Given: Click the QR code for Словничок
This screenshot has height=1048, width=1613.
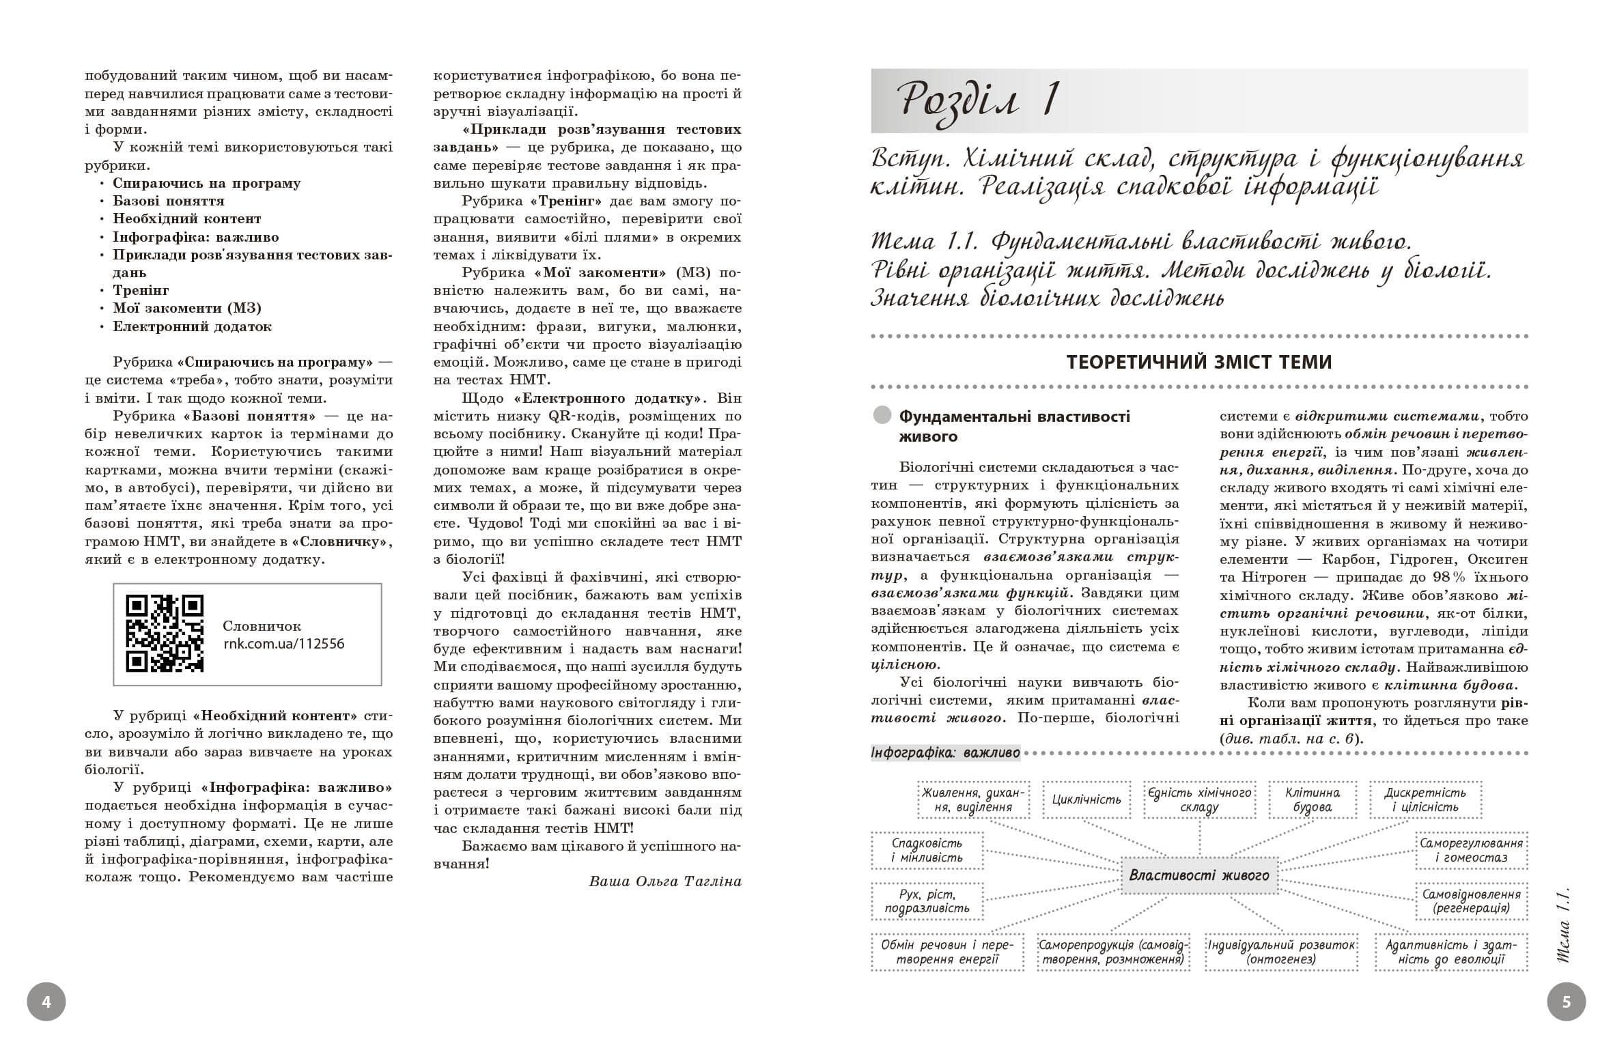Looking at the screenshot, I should pos(165,633).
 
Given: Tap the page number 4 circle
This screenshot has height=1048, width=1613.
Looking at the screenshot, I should pos(46,1002).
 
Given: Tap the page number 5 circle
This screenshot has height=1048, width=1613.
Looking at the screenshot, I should pos(1566,1002).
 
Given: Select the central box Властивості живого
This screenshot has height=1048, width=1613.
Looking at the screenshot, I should pos(1199,875).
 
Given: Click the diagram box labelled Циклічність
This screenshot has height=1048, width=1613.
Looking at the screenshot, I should pos(1086,799).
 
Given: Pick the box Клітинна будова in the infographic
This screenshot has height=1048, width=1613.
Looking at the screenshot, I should pos(1312,799).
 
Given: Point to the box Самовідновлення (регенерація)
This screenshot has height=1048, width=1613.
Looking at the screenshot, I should pos(1471,901).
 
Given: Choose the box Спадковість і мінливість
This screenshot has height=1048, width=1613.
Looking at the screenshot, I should pos(927,850).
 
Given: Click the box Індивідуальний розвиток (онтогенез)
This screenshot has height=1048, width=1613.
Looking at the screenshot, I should pos(1280,952).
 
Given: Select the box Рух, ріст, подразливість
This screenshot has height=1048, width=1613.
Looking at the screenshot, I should pos(927,901).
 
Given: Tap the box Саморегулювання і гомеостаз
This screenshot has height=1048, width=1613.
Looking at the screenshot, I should pos(1471,850).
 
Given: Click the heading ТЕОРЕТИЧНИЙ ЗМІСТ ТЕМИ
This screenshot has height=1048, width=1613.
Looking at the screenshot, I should pos(1199,362).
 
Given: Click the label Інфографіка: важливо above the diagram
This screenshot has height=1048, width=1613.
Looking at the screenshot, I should pos(945,753).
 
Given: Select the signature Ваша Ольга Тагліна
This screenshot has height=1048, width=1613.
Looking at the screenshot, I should pos(664,881).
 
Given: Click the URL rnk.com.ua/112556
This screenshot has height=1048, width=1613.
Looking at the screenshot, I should pos(283,644).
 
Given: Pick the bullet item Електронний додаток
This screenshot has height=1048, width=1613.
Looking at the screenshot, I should pos(192,326).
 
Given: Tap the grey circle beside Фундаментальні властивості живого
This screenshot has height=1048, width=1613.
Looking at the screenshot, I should pos(882,416).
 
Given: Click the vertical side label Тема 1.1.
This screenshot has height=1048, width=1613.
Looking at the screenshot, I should pos(1562,925).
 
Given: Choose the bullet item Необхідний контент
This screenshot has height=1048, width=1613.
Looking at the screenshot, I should pos(186,218).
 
